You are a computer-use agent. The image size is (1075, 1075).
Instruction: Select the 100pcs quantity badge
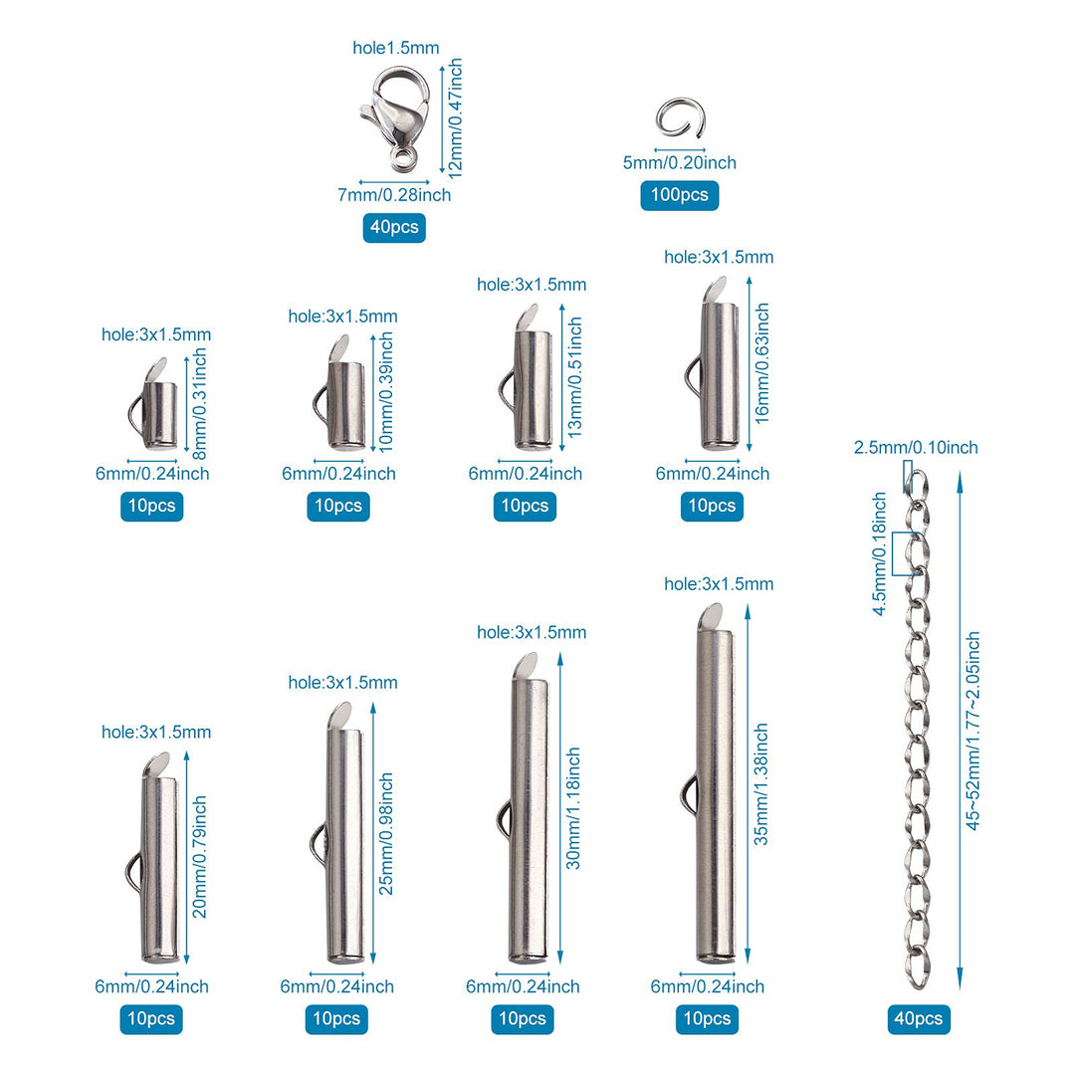click(x=679, y=195)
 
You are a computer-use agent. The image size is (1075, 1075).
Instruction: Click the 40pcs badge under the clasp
click(x=394, y=228)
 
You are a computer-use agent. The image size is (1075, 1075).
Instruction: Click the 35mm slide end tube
click(x=716, y=786)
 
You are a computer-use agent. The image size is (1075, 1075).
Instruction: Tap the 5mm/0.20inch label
click(x=679, y=162)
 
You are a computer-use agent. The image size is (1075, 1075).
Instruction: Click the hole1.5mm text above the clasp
click(x=395, y=48)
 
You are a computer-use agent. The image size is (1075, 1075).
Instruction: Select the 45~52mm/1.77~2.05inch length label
click(x=973, y=732)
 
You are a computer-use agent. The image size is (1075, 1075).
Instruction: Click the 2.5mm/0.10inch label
click(x=916, y=448)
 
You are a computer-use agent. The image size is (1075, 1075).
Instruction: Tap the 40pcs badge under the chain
click(x=919, y=1019)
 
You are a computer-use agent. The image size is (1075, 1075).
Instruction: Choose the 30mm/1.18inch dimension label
click(x=573, y=808)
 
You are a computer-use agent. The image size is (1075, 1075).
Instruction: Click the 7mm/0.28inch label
click(x=394, y=195)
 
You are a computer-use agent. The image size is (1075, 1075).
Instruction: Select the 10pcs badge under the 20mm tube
click(x=151, y=1019)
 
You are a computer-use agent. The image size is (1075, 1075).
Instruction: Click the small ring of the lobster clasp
click(x=402, y=157)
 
